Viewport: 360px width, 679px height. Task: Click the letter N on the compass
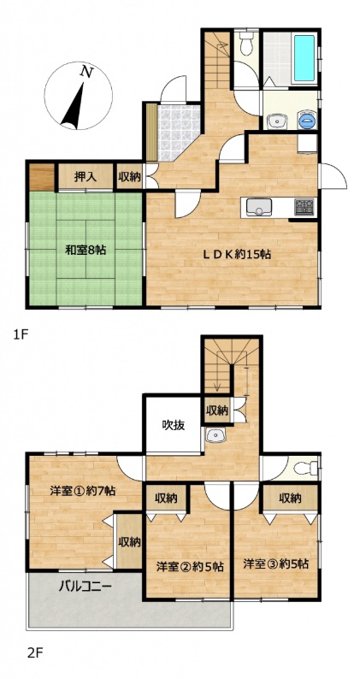87,73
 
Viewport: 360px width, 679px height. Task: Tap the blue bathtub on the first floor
304,58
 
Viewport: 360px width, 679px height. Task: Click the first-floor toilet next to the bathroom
246,45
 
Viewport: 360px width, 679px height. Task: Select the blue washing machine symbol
307,120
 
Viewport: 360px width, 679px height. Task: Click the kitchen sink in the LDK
259,207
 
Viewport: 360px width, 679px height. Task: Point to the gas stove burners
304,207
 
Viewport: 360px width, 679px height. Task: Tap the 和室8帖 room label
86,250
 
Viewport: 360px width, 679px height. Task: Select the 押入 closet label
85,177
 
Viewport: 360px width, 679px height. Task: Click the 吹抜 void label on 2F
174,425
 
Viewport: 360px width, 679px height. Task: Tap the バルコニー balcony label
86,587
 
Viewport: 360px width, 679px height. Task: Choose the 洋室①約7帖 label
82,491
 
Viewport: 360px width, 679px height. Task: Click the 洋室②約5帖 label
190,566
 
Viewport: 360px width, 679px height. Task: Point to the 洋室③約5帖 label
275,564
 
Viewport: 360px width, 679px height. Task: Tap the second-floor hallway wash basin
214,434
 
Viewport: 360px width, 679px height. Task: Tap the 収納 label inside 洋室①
130,541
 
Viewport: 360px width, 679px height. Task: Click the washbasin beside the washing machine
276,121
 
